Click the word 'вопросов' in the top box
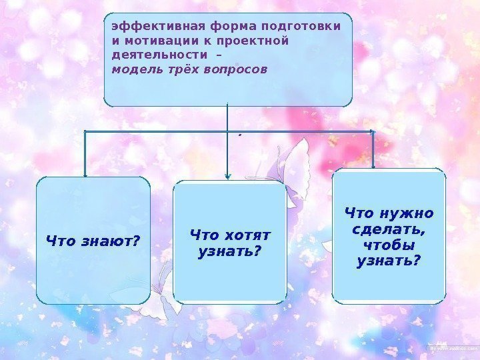coord(237,69)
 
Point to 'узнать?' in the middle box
coord(230,252)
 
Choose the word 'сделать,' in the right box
coord(389,229)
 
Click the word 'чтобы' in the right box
coord(389,245)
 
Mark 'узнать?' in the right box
coord(389,260)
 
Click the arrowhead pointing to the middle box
coord(227,176)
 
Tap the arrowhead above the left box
coord(85,172)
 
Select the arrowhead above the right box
coord(373,165)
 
